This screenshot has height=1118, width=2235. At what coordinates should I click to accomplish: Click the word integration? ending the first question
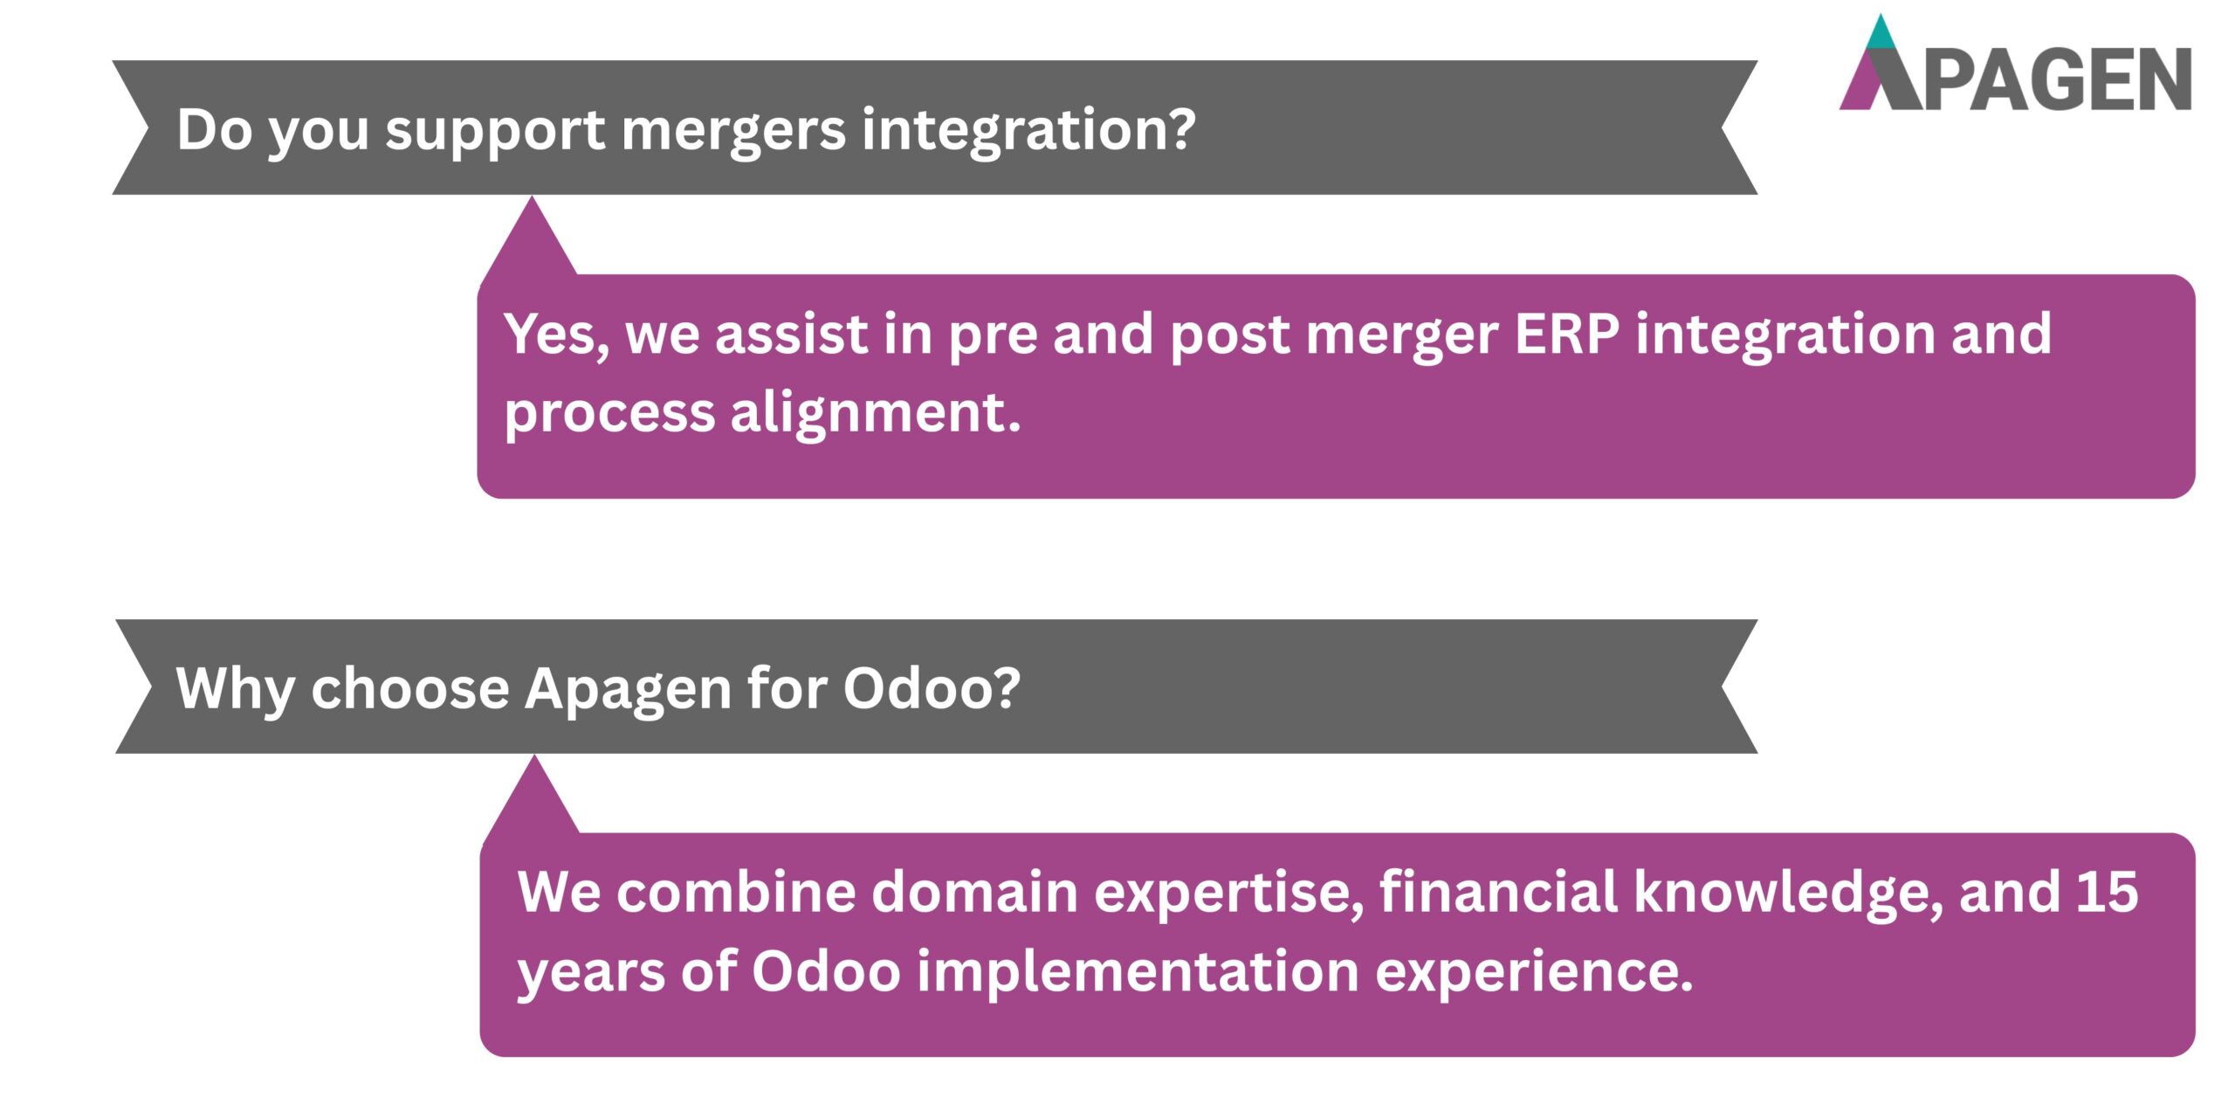[1028, 131]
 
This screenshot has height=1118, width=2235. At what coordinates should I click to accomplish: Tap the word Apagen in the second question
[627, 690]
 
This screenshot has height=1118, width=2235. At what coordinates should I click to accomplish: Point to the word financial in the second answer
[1498, 893]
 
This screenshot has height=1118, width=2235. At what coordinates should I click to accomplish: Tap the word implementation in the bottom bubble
[1138, 971]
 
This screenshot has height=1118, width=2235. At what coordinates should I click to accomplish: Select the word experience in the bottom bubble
[1533, 973]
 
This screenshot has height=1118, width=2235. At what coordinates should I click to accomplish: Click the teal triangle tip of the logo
[1881, 33]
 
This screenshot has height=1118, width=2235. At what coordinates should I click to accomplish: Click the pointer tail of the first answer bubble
[531, 240]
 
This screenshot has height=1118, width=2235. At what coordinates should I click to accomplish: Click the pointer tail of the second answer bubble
[533, 799]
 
